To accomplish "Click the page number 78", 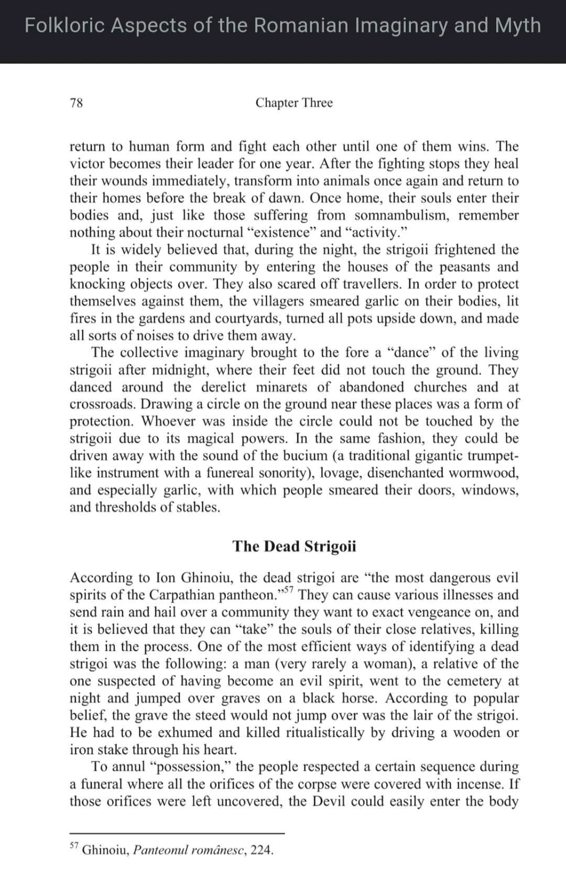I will (77, 103).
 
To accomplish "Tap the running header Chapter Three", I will (294, 103).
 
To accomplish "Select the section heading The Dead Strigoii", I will (294, 546).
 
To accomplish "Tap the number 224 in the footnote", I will (261, 850).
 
